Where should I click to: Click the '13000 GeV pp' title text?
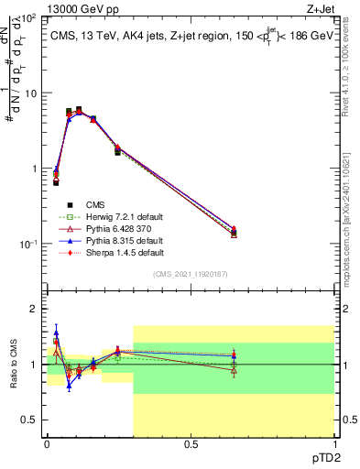75,10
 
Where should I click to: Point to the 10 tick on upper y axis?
30,93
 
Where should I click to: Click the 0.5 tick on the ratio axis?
30,420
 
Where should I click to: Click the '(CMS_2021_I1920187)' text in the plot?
190,274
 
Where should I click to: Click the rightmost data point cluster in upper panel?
234,233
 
